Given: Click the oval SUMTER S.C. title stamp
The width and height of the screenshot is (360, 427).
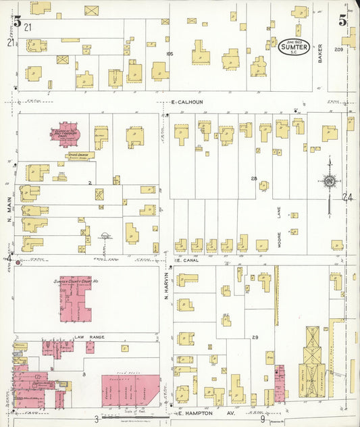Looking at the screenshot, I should click(x=294, y=47).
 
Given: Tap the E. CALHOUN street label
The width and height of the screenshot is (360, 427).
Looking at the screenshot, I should click(x=186, y=102).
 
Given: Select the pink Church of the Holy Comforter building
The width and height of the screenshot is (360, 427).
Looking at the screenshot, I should click(x=68, y=134).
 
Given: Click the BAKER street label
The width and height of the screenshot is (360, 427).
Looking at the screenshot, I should click(x=321, y=53).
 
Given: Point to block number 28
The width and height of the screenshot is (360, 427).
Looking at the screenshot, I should click(x=254, y=178).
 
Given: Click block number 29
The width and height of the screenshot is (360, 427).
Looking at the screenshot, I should click(x=255, y=336).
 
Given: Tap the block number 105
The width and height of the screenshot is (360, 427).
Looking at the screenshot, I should click(x=170, y=53).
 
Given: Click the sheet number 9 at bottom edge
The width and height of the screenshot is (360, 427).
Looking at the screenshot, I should click(x=262, y=419).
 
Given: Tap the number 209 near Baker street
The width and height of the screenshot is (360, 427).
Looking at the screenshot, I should click(x=338, y=49).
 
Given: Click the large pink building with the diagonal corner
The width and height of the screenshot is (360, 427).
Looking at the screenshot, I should click(x=130, y=390).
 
